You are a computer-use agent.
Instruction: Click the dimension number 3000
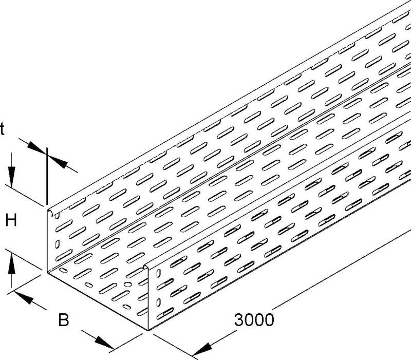254,319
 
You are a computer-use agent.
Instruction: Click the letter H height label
11,220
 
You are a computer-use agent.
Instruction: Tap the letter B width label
63,320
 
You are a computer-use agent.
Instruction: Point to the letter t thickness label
2,129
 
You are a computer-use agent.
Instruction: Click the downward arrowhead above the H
11,177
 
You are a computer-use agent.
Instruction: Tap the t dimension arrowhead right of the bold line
58,161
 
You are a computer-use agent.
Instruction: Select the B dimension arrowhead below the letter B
104,343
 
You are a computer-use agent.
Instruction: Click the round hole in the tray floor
127,285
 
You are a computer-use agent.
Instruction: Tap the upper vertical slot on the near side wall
158,274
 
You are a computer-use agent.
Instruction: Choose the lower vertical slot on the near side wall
158,302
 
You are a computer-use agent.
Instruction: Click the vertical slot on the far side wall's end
57,244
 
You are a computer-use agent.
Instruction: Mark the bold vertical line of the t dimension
47,176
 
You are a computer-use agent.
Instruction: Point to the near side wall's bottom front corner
148,330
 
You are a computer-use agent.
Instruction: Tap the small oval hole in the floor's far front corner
63,270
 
